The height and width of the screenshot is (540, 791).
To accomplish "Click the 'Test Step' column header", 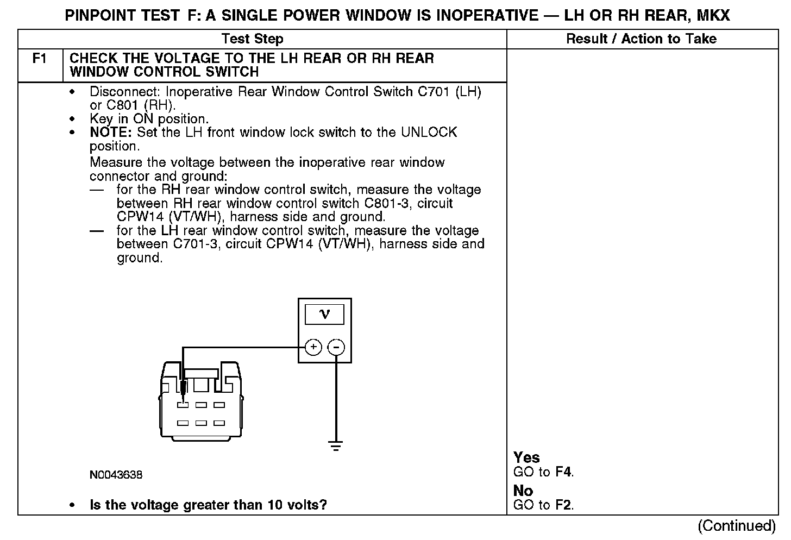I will [x=252, y=39].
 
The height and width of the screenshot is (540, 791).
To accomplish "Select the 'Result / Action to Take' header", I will [x=641, y=39].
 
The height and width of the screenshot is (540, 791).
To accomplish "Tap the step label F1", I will [x=40, y=59].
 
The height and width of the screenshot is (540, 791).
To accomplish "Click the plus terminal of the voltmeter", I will [x=313, y=347].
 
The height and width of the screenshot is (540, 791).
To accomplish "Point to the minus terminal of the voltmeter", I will [x=337, y=347].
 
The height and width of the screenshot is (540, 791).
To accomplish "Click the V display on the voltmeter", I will [x=325, y=315].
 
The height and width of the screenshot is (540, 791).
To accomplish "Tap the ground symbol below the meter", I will [x=336, y=447].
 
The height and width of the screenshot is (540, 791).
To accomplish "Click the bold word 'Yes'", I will [x=526, y=458].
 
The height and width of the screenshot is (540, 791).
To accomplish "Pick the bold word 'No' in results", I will [x=523, y=491].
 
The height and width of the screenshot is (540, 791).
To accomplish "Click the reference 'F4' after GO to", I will [x=564, y=472].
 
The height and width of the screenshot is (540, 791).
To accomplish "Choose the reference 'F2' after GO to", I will [x=564, y=505].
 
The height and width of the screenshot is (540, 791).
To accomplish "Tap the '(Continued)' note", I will [x=737, y=526].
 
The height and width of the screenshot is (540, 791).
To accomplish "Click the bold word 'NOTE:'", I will [x=111, y=133].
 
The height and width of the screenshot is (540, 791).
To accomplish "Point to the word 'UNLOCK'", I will [x=429, y=133].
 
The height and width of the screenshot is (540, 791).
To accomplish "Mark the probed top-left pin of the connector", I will [x=183, y=405].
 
